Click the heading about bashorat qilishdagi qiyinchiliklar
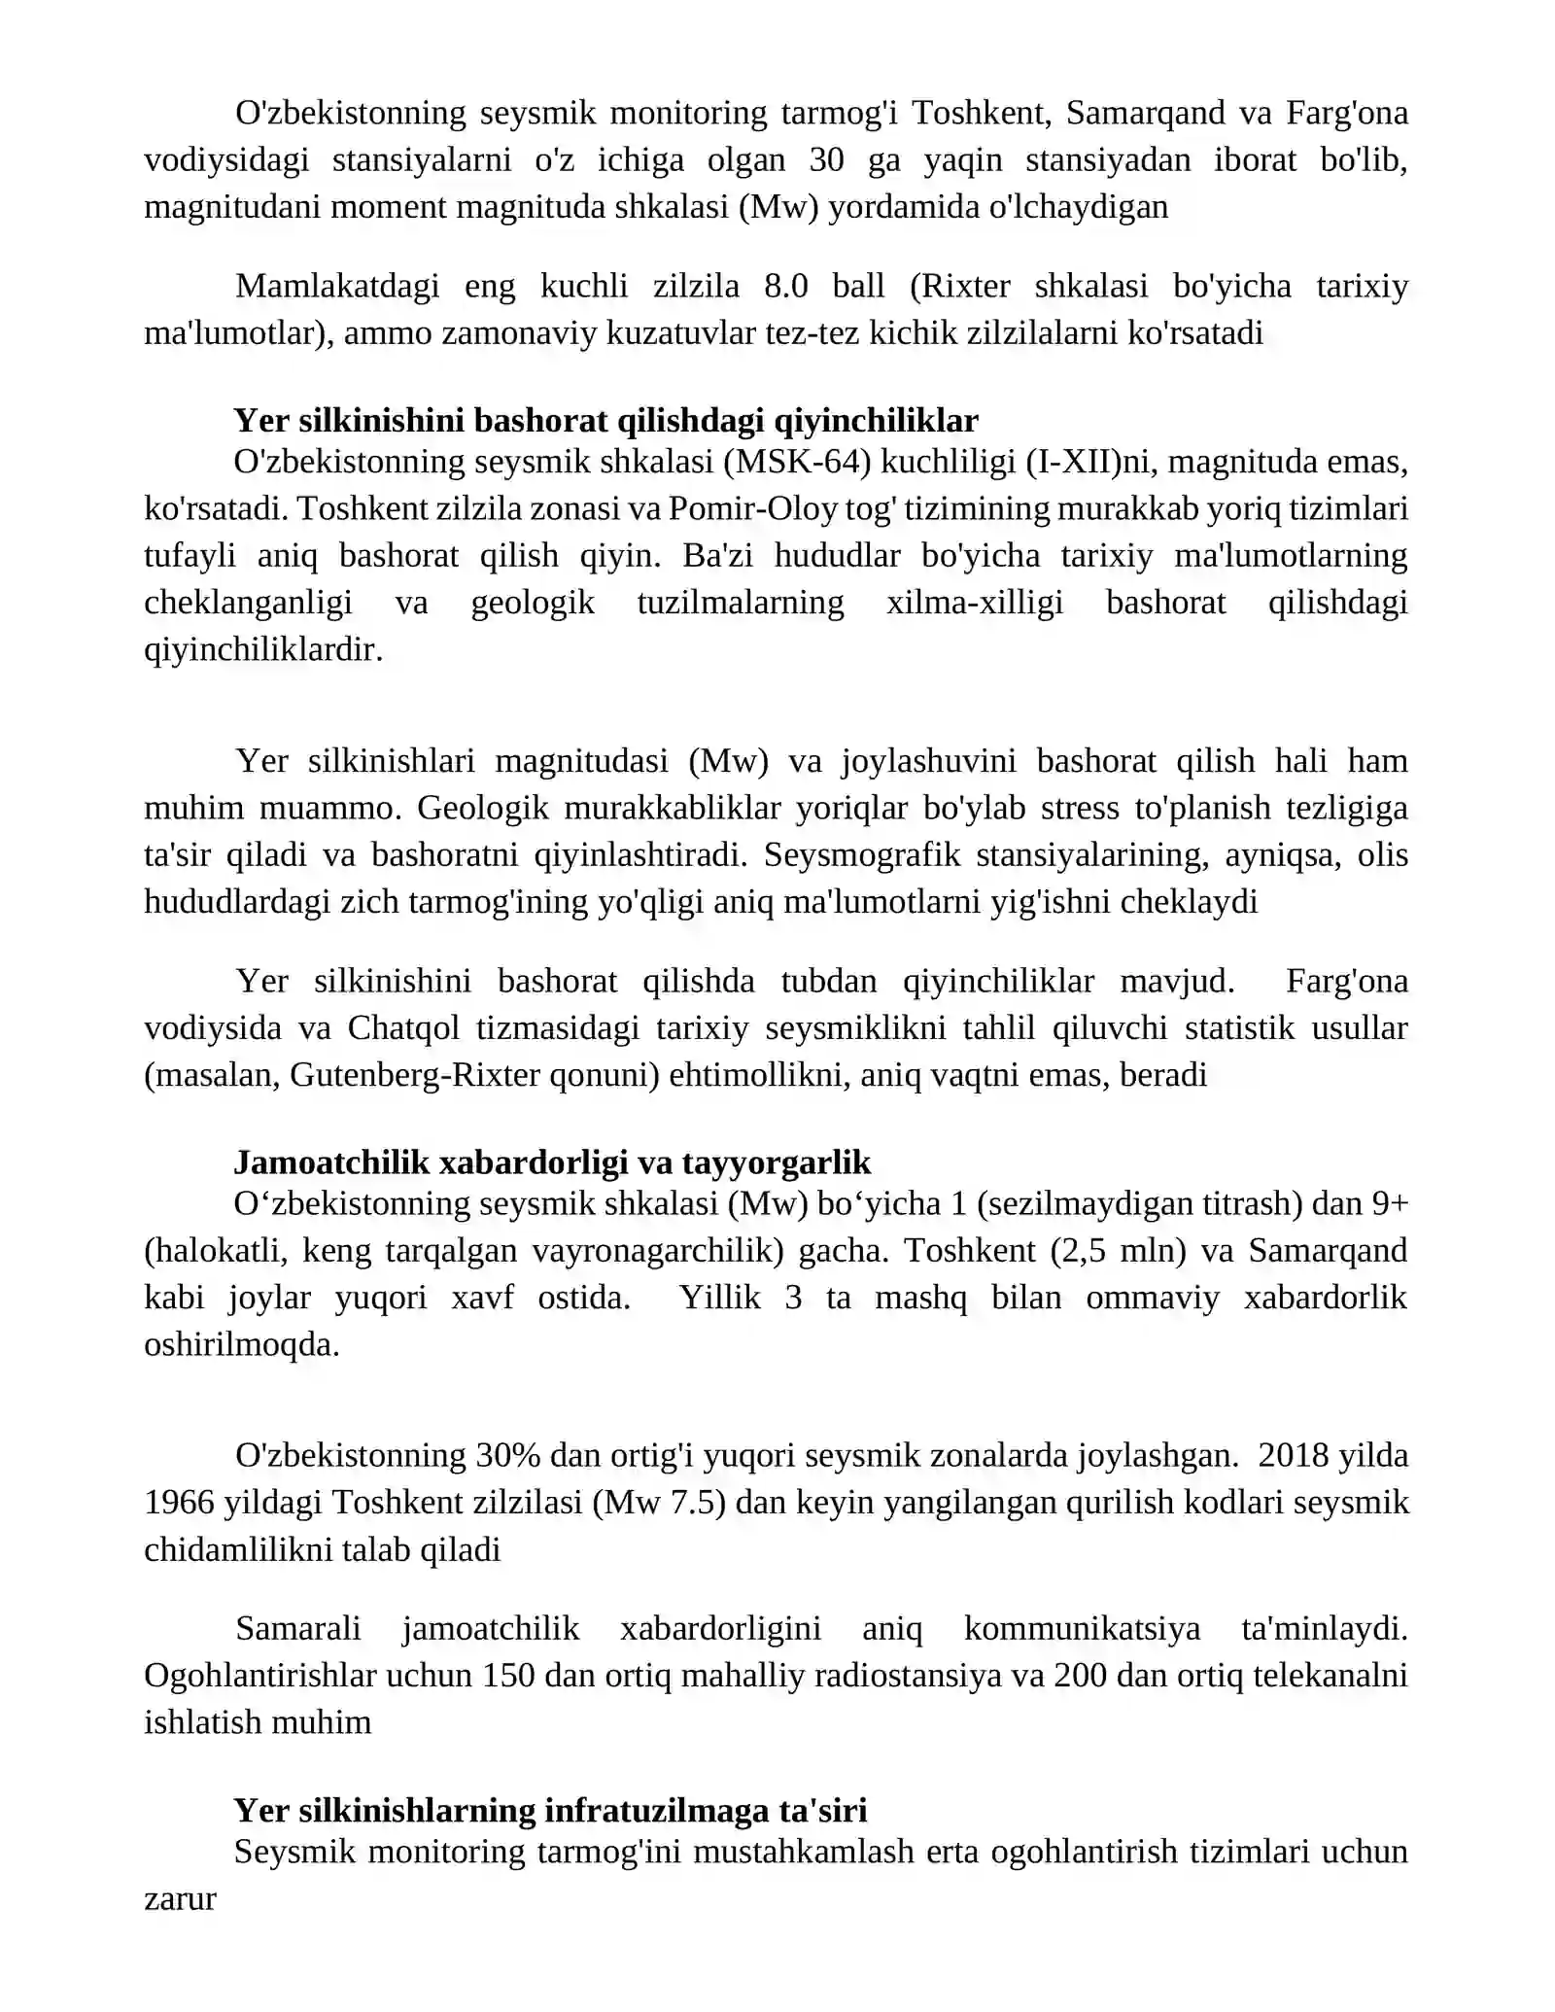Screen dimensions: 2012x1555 tap(605, 421)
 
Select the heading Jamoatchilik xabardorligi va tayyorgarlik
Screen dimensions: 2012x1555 tap(552, 1162)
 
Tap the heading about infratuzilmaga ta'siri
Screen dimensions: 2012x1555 tap(550, 1811)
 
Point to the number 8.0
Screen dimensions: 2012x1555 tap(786, 287)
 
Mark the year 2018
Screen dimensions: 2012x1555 tap(1293, 1456)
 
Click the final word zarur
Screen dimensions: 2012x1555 tap(180, 1898)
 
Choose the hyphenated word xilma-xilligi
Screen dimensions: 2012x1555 tap(975, 603)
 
